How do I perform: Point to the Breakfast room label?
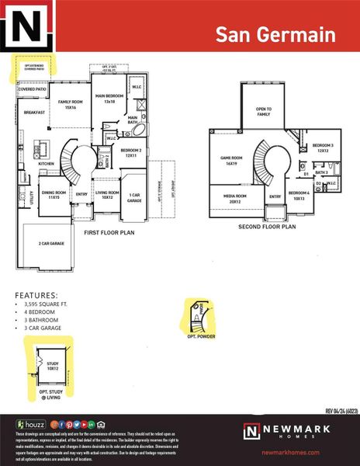(33, 113)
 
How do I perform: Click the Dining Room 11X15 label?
(54, 195)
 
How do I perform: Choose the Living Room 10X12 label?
(106, 194)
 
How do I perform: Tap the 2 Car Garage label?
(50, 244)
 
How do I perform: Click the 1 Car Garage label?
(134, 197)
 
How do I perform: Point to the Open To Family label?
(264, 112)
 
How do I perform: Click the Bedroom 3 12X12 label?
(323, 148)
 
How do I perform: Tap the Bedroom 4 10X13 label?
(300, 195)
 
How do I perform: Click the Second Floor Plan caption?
(268, 228)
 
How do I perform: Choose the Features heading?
(36, 295)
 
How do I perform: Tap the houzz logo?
(29, 424)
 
